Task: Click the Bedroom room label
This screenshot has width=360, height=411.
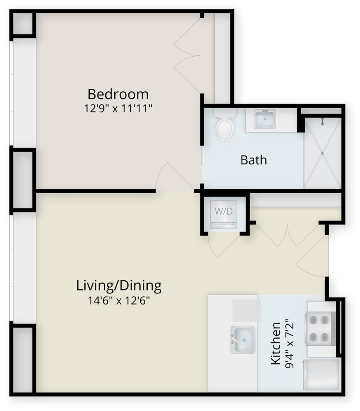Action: (118, 94)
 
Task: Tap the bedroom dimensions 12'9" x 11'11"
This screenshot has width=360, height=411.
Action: (118, 108)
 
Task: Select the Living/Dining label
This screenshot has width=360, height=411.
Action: (119, 286)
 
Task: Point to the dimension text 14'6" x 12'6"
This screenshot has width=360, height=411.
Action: (118, 300)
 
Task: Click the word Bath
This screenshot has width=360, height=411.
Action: (254, 160)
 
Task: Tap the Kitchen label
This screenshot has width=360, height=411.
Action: (276, 343)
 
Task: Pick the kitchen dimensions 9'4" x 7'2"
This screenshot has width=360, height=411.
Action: (290, 343)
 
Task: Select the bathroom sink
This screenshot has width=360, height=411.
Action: (265, 119)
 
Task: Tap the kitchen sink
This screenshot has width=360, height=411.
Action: (243, 340)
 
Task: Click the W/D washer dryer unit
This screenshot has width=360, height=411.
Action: (224, 212)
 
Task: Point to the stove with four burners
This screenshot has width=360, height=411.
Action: (320, 328)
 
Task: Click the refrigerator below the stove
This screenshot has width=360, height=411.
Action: (321, 375)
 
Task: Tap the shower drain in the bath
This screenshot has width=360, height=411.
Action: (322, 153)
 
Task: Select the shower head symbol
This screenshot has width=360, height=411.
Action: (322, 121)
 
